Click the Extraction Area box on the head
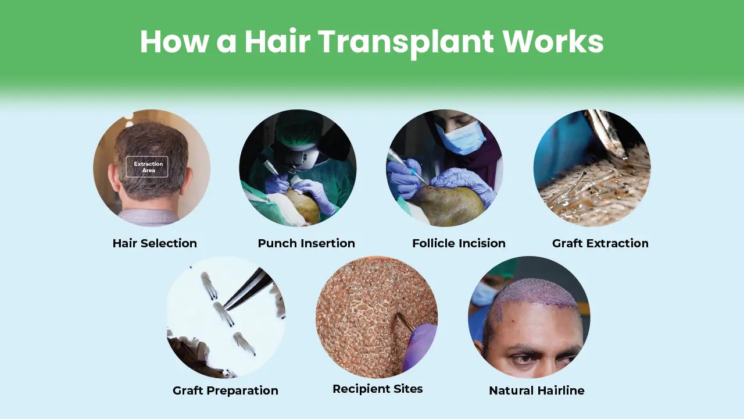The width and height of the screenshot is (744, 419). pos(147,167)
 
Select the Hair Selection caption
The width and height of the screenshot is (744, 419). pos(155,243)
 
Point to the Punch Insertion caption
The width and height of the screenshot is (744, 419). pos(306,243)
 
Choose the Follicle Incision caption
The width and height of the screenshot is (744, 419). pos(459,243)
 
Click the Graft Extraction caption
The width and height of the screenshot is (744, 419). pos(600,243)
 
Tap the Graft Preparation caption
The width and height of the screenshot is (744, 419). pos(226,390)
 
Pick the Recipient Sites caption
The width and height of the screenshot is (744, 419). pos(377,389)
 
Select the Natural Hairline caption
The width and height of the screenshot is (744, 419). pos(536,390)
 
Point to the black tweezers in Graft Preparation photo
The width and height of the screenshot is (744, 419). pos(249,289)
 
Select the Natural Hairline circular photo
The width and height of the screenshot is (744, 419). pos(529,317)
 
